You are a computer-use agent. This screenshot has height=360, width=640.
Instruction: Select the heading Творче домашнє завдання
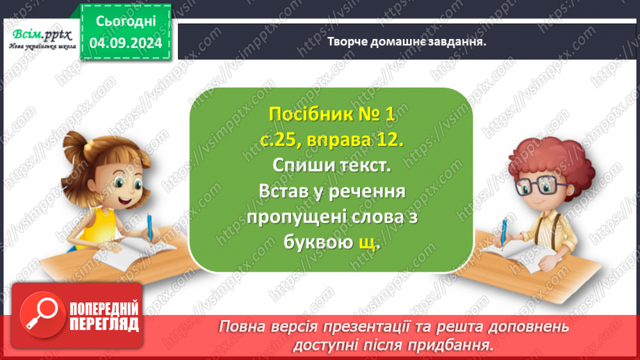pyautogui.click(x=407, y=41)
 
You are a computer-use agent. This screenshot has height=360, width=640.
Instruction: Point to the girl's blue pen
pyautogui.click(x=150, y=227)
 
